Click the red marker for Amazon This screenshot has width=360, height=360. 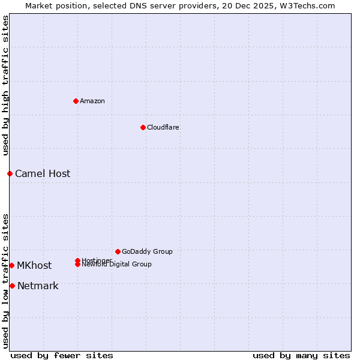[x=76, y=101]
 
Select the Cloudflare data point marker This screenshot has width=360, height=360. [x=143, y=127]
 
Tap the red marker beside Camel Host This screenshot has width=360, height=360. [x=10, y=173]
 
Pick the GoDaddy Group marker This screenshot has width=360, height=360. [x=118, y=251]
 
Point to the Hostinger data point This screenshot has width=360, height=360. [x=77, y=260]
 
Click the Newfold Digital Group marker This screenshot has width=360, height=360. [x=77, y=264]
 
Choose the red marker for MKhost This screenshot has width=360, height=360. [x=11, y=265]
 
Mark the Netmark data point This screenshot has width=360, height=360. [x=12, y=286]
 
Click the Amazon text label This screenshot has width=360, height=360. [x=92, y=101]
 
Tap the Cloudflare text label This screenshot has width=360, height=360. [x=163, y=127]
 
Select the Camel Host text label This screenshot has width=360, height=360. [x=43, y=173]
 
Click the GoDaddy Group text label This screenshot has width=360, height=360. [x=147, y=251]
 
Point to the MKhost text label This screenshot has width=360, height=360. [x=34, y=265]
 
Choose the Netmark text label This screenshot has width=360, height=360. [x=38, y=286]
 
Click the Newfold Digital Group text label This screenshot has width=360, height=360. [x=117, y=265]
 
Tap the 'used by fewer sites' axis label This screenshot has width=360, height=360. [x=62, y=355]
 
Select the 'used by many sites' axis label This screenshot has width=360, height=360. [x=301, y=355]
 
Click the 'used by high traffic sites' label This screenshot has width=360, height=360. [x=6, y=85]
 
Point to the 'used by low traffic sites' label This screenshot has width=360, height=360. [x=6, y=280]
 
